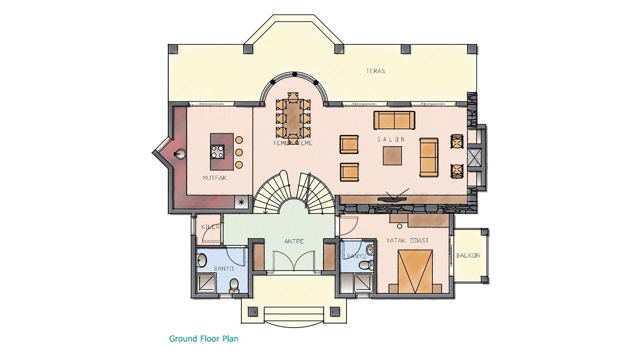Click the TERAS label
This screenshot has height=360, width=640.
click(375, 71)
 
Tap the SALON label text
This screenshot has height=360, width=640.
click(391, 139)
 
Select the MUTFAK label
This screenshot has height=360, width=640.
click(214, 178)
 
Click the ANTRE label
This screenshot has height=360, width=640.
click(294, 241)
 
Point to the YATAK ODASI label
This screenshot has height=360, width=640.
click(407, 240)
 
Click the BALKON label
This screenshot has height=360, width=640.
click(468, 255)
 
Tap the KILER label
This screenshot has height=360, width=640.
click(211, 227)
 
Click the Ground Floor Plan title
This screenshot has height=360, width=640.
click(204, 339)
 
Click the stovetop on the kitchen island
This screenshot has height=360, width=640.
click(218, 152)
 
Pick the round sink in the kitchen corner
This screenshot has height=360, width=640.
click(180, 154)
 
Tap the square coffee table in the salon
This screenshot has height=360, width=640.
click(392, 156)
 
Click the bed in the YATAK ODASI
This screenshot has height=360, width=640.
click(415, 271)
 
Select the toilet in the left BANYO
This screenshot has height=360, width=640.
click(234, 286)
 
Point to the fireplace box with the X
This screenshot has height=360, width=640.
click(475, 157)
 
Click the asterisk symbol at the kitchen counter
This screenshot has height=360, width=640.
click(241, 202)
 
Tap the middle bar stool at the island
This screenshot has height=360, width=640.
click(239, 153)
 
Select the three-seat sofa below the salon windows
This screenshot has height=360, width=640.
click(394, 120)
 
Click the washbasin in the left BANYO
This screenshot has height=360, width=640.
click(202, 260)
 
